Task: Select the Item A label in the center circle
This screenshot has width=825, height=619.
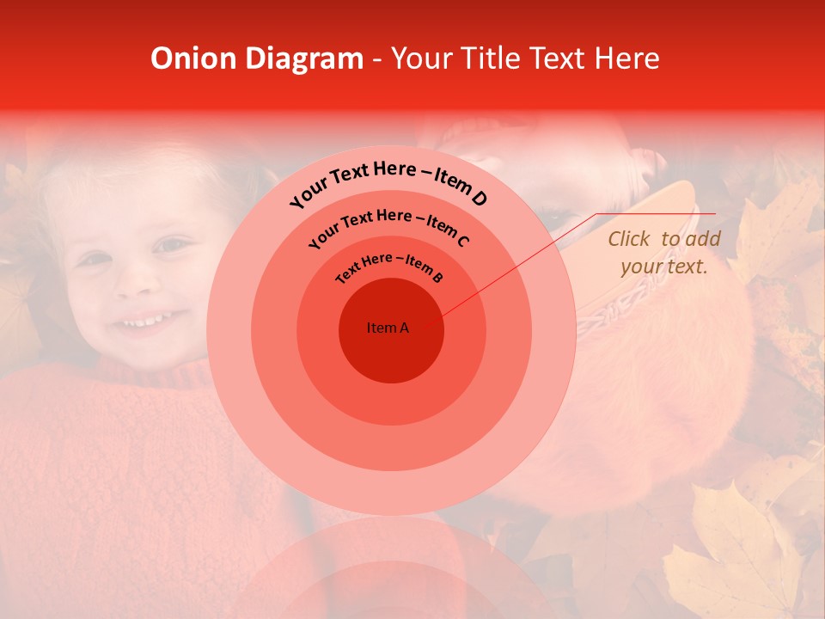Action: pyautogui.click(x=388, y=328)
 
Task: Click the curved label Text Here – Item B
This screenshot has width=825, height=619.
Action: pyautogui.click(x=389, y=266)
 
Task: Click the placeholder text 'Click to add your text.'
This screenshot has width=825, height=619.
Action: pyautogui.click(x=663, y=253)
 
